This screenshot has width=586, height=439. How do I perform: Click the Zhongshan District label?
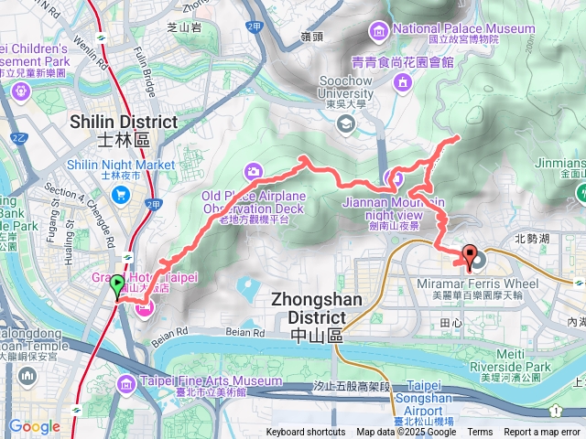coord(316,308)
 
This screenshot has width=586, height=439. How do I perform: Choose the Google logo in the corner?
coord(34,426)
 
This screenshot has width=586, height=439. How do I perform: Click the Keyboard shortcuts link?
coord(306,433)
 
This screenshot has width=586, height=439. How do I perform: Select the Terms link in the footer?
coord(480,433)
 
